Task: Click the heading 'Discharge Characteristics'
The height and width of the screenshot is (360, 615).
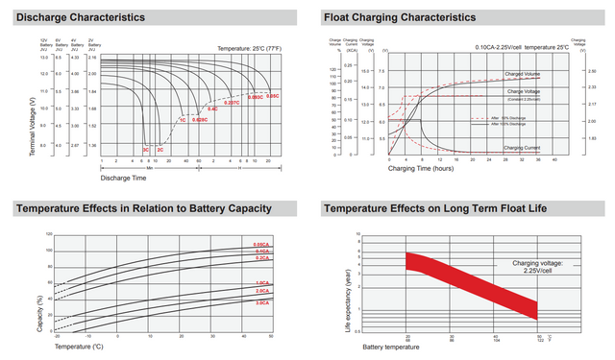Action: [x=81, y=17]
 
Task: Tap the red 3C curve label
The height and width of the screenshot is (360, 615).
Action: [x=146, y=150]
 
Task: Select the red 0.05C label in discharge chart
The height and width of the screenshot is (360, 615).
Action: [x=272, y=96]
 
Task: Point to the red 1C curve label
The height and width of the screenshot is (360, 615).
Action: [x=182, y=120]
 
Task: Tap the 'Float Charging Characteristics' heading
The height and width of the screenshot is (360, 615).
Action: [x=400, y=17]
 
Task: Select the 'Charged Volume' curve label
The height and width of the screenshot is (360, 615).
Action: [x=524, y=74]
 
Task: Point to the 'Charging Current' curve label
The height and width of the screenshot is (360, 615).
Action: [x=524, y=147]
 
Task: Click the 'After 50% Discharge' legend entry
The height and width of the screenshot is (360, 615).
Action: [x=510, y=118]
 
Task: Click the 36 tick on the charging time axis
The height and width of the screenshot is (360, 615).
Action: [x=539, y=160]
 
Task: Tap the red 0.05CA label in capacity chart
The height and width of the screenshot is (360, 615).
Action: [x=261, y=245]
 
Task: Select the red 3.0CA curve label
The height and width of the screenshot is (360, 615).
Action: [x=261, y=302]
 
